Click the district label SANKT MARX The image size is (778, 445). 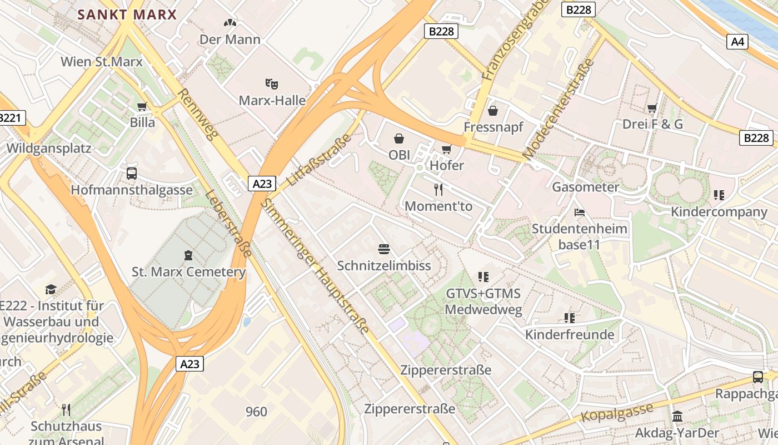(127, 14)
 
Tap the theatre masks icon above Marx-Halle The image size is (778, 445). (271, 84)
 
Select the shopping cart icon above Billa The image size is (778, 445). (142, 107)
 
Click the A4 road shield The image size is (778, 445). (737, 41)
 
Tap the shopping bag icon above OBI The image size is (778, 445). (399, 138)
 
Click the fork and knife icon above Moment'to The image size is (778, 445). (438, 190)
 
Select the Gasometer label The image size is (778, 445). (585, 187)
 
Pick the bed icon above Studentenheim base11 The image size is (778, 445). (579, 212)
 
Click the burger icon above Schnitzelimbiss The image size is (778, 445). (383, 249)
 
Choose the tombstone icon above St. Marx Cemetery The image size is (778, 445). (188, 255)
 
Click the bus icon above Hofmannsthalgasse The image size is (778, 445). (132, 173)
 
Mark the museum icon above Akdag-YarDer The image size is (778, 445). (677, 416)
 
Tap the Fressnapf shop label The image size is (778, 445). (493, 127)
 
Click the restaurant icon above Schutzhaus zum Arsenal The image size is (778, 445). (66, 410)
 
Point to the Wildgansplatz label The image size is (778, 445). (49, 149)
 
